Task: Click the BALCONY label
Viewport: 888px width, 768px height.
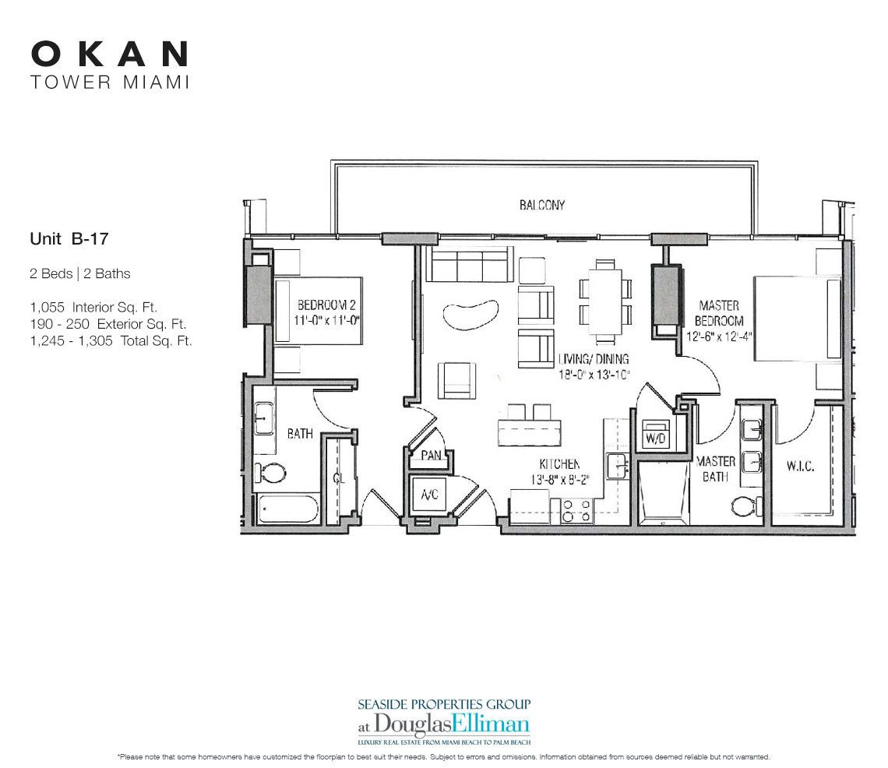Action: (x=541, y=206)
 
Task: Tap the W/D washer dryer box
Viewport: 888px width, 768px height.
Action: (x=653, y=439)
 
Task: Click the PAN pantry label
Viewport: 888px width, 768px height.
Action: (x=431, y=455)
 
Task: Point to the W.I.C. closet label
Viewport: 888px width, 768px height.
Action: (x=800, y=467)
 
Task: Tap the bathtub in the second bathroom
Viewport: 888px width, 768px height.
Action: (x=287, y=510)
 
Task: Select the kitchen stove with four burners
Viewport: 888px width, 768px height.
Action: (x=575, y=510)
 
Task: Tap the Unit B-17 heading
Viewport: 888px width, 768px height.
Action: (x=68, y=241)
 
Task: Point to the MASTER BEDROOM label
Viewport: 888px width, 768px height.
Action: (x=719, y=313)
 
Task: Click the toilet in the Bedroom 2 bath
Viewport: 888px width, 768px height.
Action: (x=273, y=473)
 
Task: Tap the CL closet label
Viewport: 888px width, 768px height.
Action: (x=339, y=478)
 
